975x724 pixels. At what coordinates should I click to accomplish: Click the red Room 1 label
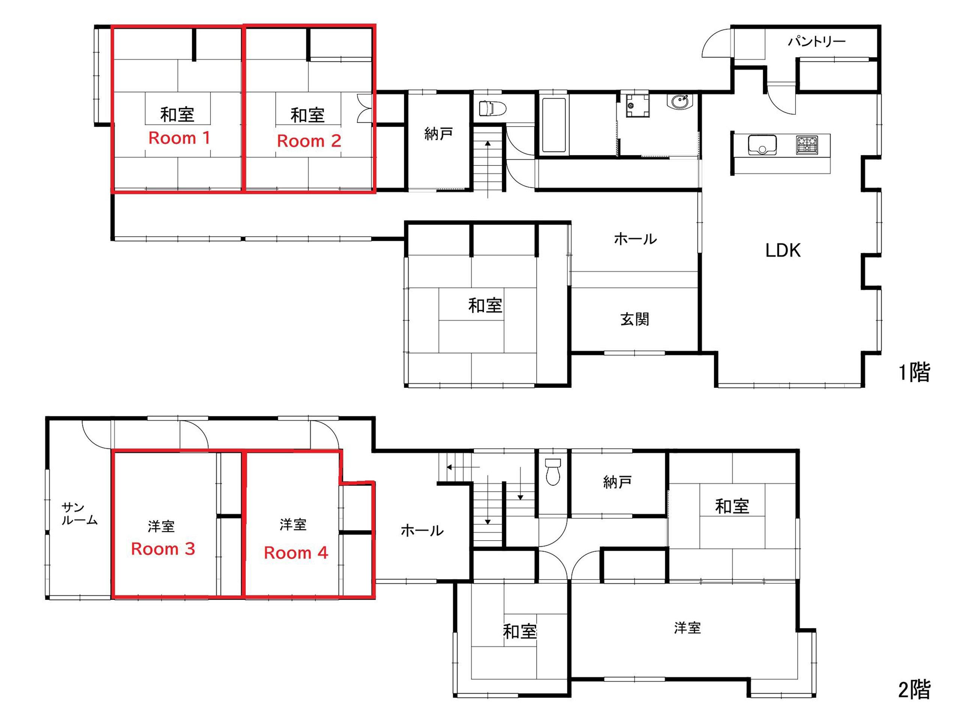[x=179, y=138]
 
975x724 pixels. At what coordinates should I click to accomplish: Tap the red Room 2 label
[x=309, y=141]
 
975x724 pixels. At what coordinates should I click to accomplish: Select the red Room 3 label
[x=163, y=549]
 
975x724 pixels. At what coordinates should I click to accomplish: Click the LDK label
[x=783, y=251]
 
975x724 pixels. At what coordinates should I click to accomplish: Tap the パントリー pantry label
[x=816, y=42]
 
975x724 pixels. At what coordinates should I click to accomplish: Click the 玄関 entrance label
[x=634, y=319]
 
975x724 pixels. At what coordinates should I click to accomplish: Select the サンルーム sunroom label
[x=79, y=514]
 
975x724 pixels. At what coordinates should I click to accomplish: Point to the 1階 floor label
[x=915, y=373]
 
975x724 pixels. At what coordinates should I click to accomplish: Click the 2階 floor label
[x=914, y=690]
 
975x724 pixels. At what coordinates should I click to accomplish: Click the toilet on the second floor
[x=553, y=472]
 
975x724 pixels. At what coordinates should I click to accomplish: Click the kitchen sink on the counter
[x=762, y=145]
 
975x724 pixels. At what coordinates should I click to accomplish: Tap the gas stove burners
[x=807, y=145]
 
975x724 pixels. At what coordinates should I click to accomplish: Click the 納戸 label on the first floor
[x=438, y=134]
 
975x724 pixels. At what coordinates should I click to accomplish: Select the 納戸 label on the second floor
[x=617, y=482]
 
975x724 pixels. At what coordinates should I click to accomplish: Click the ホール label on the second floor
[x=422, y=531]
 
